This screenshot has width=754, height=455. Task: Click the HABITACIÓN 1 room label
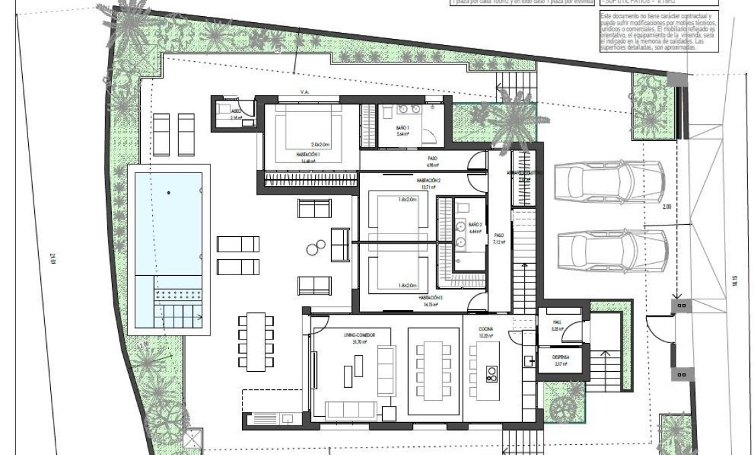coord(309,154)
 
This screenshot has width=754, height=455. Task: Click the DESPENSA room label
coord(556,358)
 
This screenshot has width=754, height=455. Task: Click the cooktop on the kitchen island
coord(492,373)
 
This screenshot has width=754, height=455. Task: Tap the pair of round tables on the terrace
coord(314,250)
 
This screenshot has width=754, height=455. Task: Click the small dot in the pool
coord(168,193)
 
